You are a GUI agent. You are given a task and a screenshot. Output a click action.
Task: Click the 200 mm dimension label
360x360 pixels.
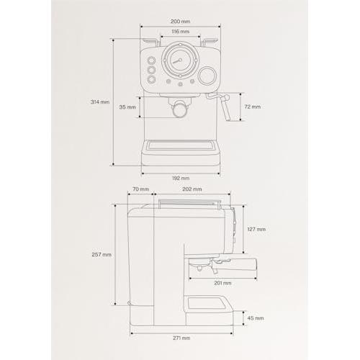pos(180,22)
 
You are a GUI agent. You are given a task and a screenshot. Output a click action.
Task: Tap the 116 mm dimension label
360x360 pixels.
pos(180,32)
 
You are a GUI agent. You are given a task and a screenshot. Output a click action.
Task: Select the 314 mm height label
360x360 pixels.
pos(100,102)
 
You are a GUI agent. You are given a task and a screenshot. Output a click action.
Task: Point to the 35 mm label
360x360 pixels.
pos(127,107)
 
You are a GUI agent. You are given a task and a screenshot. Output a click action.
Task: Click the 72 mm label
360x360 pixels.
pos(253,107)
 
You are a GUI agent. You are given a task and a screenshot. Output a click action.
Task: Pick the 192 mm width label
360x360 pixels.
pos(181,178)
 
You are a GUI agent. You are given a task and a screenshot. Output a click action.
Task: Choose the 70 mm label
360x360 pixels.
pos(140,189)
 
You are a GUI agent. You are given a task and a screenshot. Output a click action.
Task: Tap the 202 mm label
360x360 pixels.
pos(192,189)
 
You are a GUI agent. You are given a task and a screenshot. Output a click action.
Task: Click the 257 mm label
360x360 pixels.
pos(102,254)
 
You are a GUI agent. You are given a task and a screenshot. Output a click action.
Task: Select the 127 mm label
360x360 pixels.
pos(256,229)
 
